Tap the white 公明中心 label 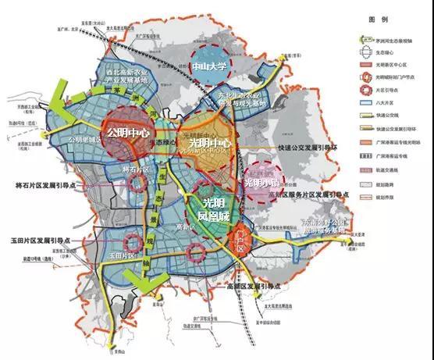[129, 132]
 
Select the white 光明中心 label [205, 144]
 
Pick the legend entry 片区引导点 [389, 112]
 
